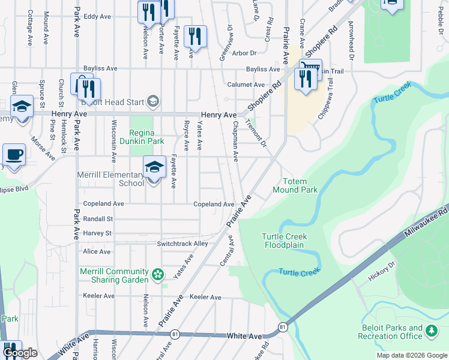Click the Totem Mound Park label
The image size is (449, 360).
tap(295, 185)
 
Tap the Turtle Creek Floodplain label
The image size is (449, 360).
tap(283, 241)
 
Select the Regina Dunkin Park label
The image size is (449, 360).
tap(146, 137)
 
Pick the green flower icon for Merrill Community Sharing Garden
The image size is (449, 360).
tap(158, 275)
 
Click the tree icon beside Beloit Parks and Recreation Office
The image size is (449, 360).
tap(431, 330)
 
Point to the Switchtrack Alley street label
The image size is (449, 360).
tap(182, 244)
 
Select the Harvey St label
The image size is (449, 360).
tap(98, 233)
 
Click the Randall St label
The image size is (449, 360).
tap(98, 219)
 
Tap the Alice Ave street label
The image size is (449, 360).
tap(97, 251)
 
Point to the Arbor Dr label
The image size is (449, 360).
tap(244, 53)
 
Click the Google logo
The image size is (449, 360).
tap(20, 353)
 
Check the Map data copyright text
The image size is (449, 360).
tap(412, 355)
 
